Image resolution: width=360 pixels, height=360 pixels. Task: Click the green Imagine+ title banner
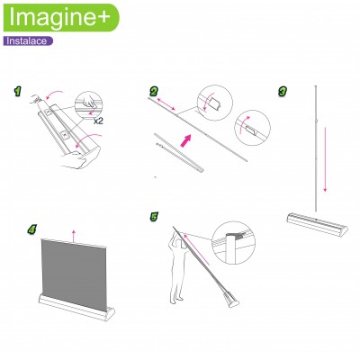click(x=61, y=17)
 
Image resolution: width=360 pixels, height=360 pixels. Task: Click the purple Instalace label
click(x=28, y=41)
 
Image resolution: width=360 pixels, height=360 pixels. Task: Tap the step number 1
click(x=18, y=92)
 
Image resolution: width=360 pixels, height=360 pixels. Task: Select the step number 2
click(x=154, y=92)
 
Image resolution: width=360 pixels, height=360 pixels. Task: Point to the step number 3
click(x=283, y=92)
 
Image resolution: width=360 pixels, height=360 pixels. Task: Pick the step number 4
click(x=31, y=229)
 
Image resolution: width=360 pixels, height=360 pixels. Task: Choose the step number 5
click(x=154, y=217)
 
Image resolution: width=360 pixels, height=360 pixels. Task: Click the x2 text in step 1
click(x=98, y=121)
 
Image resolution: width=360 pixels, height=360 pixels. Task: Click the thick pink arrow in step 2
click(x=185, y=140)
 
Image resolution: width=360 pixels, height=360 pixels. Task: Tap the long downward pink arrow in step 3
click(x=325, y=159)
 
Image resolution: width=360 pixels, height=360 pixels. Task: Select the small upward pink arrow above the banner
click(x=74, y=236)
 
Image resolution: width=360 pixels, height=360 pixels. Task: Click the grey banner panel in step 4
click(x=74, y=273)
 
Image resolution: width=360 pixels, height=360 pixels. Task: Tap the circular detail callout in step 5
click(x=233, y=243)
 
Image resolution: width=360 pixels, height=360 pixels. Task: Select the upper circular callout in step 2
click(x=215, y=103)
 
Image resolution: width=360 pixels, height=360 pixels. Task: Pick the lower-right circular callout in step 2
click(x=253, y=128)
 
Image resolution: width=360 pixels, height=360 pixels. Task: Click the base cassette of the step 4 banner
click(x=76, y=308)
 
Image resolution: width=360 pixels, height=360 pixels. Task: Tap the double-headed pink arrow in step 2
click(x=166, y=103)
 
